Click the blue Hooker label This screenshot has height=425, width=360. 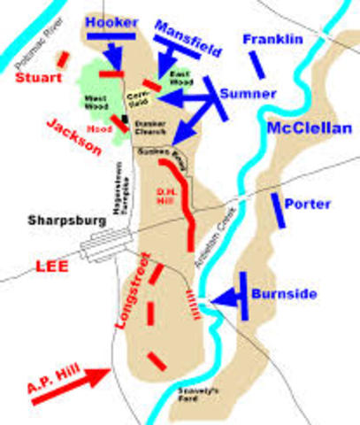(x=112, y=19)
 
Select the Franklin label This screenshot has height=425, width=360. (x=273, y=39)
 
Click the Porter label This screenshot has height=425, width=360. (x=309, y=204)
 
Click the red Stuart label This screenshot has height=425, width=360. (x=37, y=78)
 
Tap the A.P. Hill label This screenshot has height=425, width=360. (x=42, y=362)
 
